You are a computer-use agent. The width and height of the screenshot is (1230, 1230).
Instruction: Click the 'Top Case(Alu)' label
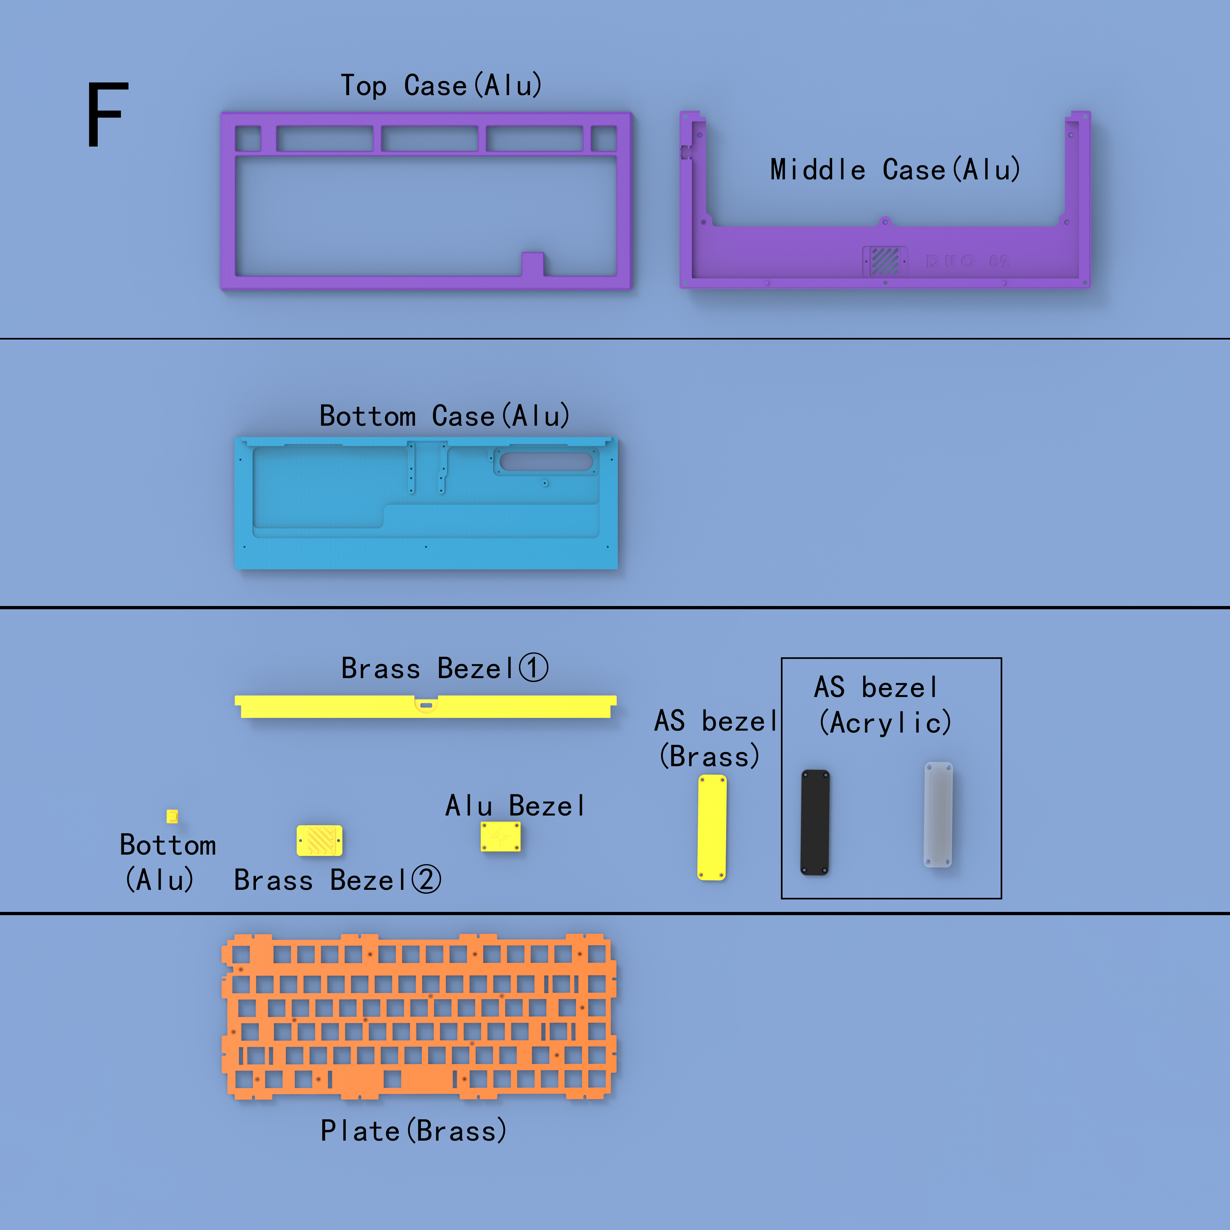coord(441,85)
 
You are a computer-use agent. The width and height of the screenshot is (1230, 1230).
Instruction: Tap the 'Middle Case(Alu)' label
coord(895,169)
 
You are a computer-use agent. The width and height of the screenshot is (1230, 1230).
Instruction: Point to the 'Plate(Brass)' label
coord(413,1131)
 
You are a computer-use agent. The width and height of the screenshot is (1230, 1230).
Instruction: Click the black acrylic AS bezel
coord(815,823)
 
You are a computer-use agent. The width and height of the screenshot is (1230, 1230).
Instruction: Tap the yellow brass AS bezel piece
coord(712,828)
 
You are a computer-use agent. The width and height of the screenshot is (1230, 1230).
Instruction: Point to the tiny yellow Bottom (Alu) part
coord(172,816)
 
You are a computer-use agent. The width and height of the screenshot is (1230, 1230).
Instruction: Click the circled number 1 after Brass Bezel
coord(534,668)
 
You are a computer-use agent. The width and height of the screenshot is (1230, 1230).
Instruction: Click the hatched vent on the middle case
coord(885,261)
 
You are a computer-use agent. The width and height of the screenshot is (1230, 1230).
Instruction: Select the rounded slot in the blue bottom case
coord(546,462)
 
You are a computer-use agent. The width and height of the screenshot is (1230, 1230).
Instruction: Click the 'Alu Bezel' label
coord(514,806)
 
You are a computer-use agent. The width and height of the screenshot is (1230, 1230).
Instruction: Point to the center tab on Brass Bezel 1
coord(426,705)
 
